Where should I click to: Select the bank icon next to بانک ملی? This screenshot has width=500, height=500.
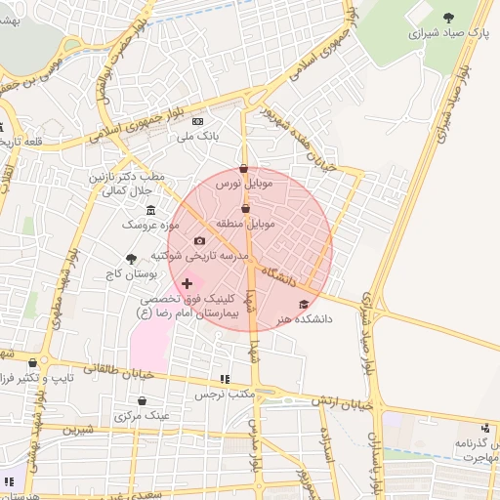coord(198,121)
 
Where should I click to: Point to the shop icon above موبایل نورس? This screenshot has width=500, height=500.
coord(244,168)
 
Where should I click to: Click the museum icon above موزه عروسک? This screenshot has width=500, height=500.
coord(149,211)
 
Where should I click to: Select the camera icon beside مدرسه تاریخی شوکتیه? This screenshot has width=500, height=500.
coord(199,240)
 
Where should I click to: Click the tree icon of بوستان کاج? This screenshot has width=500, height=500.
coord(131,259)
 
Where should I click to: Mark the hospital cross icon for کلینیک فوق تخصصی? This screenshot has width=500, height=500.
coord(187,283)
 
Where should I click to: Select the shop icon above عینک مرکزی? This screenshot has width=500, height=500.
coord(142,400)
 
